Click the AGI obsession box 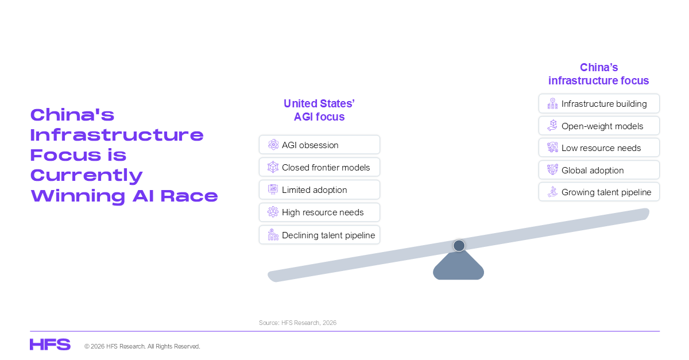(319, 145)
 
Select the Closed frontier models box (319, 167)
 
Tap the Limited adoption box (319, 189)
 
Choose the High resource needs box (319, 212)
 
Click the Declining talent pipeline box (319, 235)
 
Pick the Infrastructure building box (599, 103)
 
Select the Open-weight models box (599, 126)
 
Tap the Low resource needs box (599, 148)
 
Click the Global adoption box (599, 170)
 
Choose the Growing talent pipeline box (599, 192)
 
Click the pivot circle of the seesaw (459, 246)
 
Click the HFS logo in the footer (50, 344)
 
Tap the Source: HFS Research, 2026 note (298, 323)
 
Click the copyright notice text (142, 346)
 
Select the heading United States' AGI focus (319, 110)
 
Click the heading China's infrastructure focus (598, 74)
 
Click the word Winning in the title (78, 196)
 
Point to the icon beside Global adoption (552, 169)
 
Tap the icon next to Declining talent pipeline (273, 234)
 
